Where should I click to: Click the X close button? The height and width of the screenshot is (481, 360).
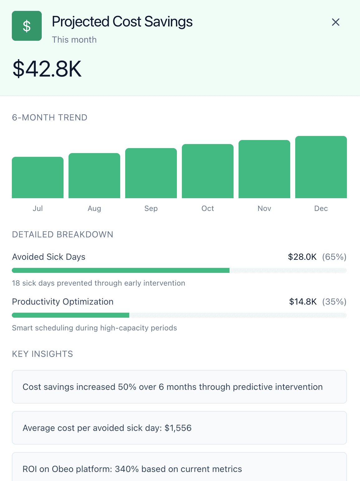coord(335,22)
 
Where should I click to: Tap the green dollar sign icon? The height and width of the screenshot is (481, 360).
coord(27,26)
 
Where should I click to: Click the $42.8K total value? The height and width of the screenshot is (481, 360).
coord(47,69)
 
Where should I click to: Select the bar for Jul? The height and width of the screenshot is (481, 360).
coord(38,178)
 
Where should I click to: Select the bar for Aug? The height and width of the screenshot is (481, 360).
coord(94,176)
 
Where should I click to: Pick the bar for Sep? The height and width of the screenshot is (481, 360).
coord(151,173)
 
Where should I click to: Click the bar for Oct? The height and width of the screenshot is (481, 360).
coord(208,171)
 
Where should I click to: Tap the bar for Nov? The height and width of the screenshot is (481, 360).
coord(264,169)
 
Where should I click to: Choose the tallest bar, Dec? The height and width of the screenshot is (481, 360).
coord(321,167)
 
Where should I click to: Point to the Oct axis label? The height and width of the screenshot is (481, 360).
coord(208,208)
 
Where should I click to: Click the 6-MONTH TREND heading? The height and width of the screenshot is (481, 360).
coord(50,118)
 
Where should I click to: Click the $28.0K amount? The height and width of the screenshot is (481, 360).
coord(302,257)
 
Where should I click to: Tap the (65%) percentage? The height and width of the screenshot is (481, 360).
coord(334,257)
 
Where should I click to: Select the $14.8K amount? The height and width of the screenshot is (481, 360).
coord(303,302)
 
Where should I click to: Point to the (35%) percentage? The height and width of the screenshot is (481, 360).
coord(334,302)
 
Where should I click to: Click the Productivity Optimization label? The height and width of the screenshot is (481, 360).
coord(63,302)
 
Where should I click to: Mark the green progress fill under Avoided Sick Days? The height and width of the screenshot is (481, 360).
coord(121,270)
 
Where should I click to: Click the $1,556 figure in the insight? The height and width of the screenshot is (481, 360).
coord(178,428)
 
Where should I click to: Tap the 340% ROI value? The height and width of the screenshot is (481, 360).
coord(127,469)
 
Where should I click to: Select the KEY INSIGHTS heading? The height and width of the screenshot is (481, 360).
coord(42,354)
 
